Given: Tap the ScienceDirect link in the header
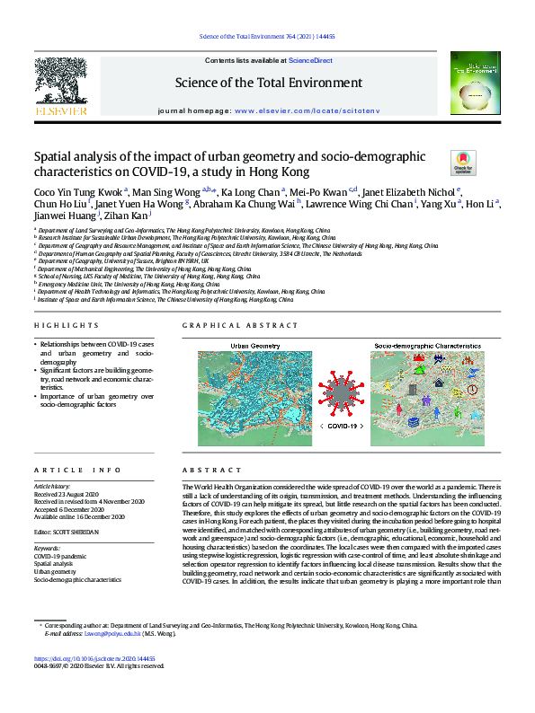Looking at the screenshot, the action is click(x=310, y=60).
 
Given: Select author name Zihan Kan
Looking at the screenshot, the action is click(x=126, y=216).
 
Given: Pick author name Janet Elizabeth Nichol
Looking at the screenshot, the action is click(x=415, y=191).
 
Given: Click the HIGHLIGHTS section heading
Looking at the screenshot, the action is click(x=59, y=326).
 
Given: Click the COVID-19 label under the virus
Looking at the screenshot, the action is click(x=341, y=426).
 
